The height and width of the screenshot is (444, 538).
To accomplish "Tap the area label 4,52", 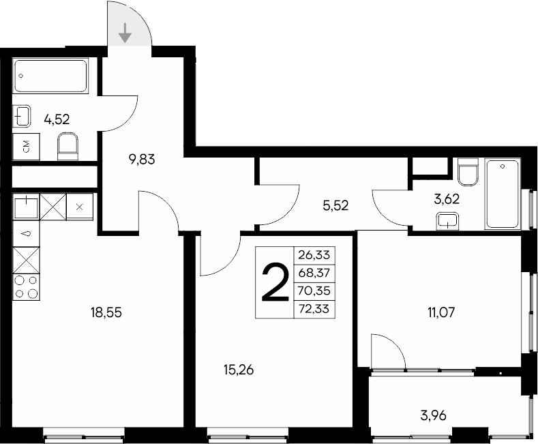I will (x=57, y=119).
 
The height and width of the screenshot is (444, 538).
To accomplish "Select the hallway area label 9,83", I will (x=143, y=160).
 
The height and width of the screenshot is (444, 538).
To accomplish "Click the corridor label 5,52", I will (x=335, y=204).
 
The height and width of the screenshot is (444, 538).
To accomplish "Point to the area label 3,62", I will (x=448, y=200).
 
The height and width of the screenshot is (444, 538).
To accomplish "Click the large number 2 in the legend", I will (x=274, y=283).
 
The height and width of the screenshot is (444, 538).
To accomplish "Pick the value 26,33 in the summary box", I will (x=314, y=254).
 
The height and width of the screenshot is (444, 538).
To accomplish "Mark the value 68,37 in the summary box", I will (x=314, y=273).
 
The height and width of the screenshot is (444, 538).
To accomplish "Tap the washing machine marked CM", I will (x=26, y=146).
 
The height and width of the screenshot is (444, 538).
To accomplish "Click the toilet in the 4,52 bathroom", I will (x=68, y=145).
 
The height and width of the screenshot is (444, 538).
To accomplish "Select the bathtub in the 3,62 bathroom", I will (x=503, y=194).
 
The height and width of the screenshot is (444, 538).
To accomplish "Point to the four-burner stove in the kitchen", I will (x=26, y=286).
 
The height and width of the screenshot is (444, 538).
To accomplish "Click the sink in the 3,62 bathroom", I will (x=447, y=220).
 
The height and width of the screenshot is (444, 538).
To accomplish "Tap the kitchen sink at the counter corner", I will (x=26, y=205).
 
